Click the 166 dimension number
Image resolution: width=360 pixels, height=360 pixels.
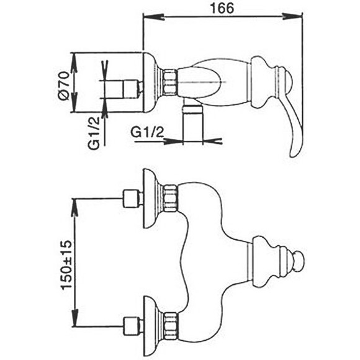[x=222, y=8]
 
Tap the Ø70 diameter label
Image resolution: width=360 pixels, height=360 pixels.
[x=63, y=86]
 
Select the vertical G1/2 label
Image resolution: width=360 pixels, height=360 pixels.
[x=94, y=133]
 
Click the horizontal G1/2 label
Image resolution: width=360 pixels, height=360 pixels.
[x=147, y=132]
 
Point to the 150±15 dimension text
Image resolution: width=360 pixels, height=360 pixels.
[x=66, y=264]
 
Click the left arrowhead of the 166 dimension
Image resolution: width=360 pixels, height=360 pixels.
[x=153, y=17]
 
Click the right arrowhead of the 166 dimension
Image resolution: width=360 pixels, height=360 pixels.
[x=292, y=17]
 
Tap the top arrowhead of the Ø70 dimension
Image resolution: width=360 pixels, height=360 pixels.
[x=74, y=63]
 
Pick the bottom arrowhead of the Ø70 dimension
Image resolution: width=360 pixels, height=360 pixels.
[x=74, y=102]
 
